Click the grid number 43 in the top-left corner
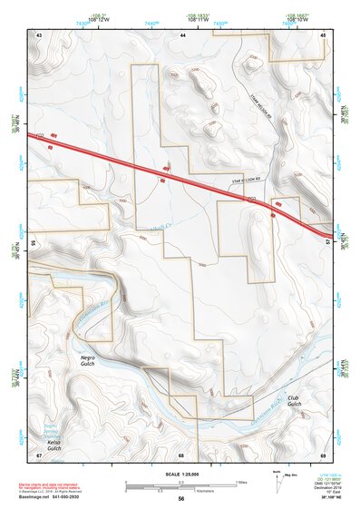[x=39, y=34]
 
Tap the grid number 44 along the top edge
[x=183, y=34]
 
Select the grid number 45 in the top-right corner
[x=324, y=34]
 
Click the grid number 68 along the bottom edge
[x=181, y=455]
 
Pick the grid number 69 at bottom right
[x=324, y=455]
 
